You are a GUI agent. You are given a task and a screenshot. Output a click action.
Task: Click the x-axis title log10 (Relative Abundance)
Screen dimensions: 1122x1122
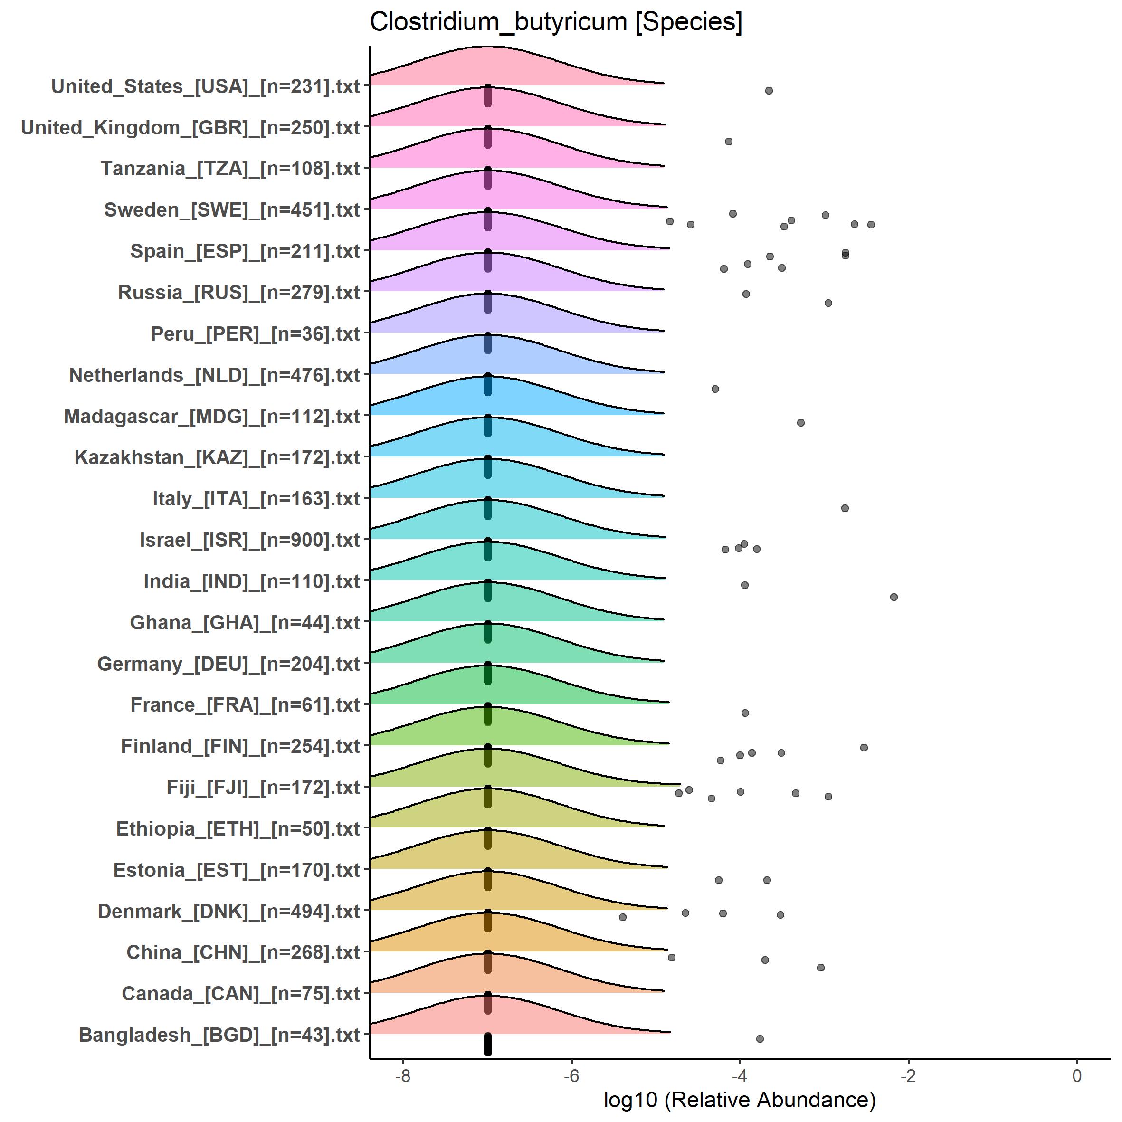[739, 1099]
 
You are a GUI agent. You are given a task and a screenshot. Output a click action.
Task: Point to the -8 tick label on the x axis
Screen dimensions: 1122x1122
[402, 1075]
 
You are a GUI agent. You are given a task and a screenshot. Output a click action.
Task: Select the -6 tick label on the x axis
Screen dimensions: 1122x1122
[571, 1075]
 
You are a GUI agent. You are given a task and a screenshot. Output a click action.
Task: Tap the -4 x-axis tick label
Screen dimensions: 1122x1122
[739, 1075]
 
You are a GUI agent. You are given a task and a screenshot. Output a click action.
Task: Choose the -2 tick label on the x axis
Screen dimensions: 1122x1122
[908, 1075]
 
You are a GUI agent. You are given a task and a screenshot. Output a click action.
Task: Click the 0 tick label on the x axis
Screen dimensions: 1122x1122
[1077, 1075]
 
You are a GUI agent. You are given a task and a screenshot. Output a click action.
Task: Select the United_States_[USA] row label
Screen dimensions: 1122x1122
[206, 86]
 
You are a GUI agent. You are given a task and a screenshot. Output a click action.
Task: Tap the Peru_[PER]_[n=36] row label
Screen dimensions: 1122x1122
[255, 334]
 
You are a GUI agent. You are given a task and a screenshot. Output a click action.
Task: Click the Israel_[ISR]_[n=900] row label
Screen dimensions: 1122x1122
[250, 540]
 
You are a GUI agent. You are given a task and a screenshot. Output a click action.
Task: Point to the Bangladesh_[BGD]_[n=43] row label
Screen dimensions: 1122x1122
[219, 1035]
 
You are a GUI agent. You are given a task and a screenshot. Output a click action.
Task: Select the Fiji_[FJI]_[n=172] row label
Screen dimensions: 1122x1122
[263, 788]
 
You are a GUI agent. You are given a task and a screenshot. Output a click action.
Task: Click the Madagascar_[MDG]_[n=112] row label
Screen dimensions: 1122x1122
[212, 417]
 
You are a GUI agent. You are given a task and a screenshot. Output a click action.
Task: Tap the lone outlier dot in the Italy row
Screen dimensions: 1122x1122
[845, 508]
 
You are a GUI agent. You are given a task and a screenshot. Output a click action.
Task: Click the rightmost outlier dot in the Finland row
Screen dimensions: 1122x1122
[864, 747]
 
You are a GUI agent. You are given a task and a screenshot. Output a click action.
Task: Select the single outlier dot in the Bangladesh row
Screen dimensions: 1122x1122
[760, 1038]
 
